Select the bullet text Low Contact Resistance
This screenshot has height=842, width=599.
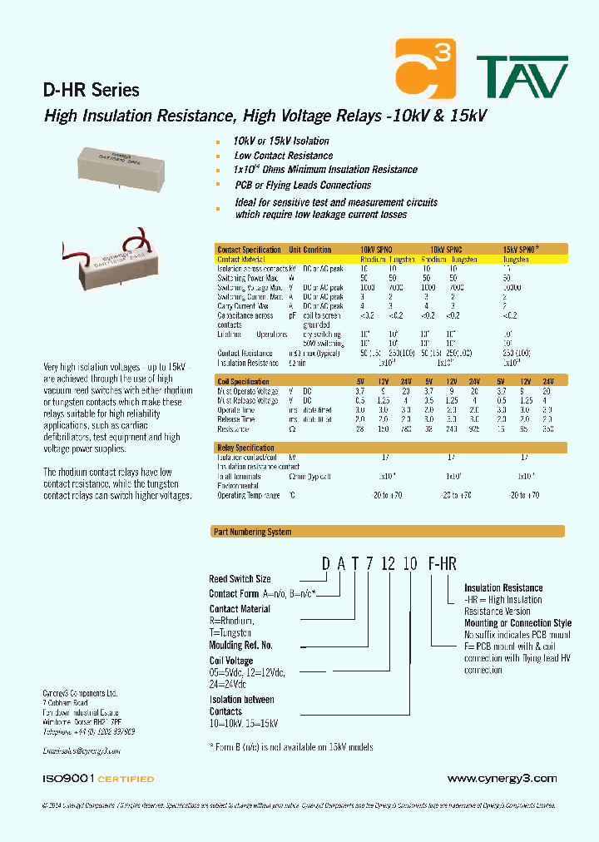[283, 156]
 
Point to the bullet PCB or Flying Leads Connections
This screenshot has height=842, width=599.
[302, 185]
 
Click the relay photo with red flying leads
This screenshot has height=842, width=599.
[116, 263]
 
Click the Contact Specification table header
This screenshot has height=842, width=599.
[249, 250]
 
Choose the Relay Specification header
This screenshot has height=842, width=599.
[245, 448]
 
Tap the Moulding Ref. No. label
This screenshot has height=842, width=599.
[241, 645]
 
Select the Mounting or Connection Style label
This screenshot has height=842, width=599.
[517, 623]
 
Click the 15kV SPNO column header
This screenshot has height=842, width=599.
[521, 250]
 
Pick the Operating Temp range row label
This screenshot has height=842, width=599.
[248, 495]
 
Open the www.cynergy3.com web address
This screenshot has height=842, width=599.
[502, 779]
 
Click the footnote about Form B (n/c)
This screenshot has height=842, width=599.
[291, 747]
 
